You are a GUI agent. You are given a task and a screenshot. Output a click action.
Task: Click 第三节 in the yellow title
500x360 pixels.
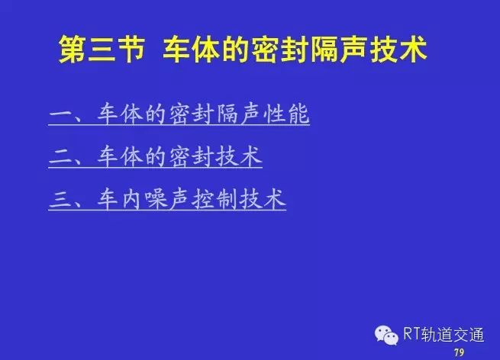tap(102, 50)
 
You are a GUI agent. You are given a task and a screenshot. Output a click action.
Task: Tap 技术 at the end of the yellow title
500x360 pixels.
tap(399, 50)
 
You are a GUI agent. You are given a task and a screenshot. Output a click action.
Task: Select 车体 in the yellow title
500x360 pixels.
tap(191, 50)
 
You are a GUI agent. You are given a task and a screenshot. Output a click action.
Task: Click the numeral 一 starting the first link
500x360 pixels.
tap(61, 114)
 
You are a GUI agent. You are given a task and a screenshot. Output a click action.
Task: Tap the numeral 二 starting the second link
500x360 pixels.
tap(61, 156)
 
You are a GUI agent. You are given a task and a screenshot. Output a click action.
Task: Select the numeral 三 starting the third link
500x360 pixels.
tap(61, 199)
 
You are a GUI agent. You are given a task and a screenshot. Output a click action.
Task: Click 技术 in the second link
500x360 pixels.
tap(239, 156)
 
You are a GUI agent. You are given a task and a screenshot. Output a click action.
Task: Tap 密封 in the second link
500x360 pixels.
tap(191, 156)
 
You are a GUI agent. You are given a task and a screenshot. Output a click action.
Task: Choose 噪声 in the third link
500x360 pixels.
tap(166, 199)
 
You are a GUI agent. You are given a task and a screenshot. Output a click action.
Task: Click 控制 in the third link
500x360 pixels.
tap(215, 199)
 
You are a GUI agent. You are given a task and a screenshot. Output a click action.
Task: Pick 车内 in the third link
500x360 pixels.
tap(119, 199)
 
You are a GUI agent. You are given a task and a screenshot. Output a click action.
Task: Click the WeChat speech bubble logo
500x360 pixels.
tap(386, 336)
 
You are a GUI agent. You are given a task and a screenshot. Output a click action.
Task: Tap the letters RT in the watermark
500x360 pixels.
tap(411, 334)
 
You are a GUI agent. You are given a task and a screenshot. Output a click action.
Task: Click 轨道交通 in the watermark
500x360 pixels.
tap(453, 335)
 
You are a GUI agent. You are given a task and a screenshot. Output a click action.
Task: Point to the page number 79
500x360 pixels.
tap(460, 352)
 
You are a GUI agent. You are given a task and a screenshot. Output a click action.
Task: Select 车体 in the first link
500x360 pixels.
tap(119, 114)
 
